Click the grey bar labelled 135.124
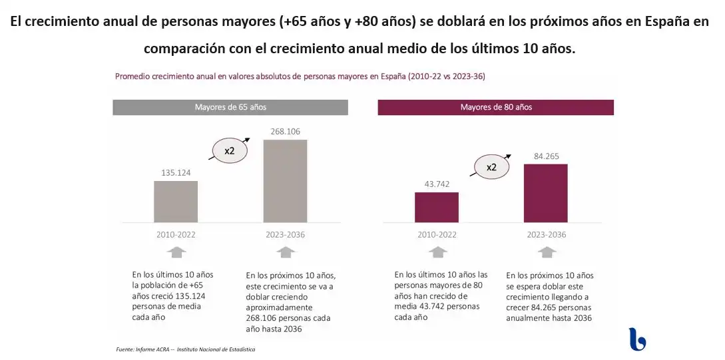tap(176, 201)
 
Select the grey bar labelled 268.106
tap(286, 180)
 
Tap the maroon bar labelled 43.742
tap(437, 207)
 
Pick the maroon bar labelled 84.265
tap(546, 192)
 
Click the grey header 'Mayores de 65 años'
tap(230, 107)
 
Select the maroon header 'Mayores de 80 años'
tap(495, 107)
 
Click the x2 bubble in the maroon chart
tap(491, 167)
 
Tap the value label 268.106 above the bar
tap(286, 132)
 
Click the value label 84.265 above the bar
tap(546, 156)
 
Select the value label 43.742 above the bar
tap(437, 184)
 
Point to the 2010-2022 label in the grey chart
tap(176, 234)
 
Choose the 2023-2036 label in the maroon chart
tap(546, 234)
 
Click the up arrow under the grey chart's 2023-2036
tap(286, 252)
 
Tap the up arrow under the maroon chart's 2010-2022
tap(437, 252)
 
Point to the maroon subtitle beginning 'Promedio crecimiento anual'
tap(300, 77)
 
